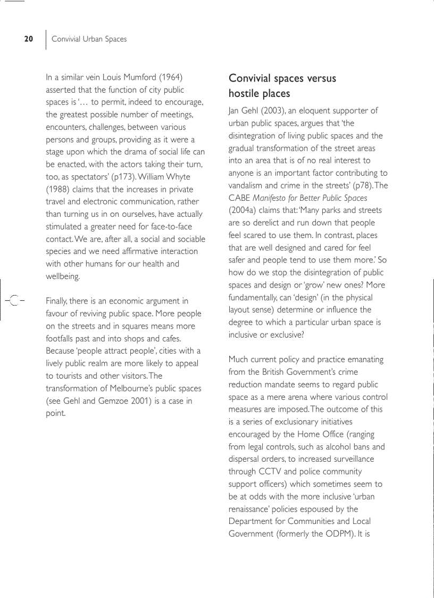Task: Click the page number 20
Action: coord(29,39)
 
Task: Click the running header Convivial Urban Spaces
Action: coord(89,39)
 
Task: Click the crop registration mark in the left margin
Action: coord(15,301)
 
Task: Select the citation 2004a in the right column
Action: coord(244,210)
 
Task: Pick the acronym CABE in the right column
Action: coord(239,198)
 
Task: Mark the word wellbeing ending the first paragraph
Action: coord(63,276)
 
